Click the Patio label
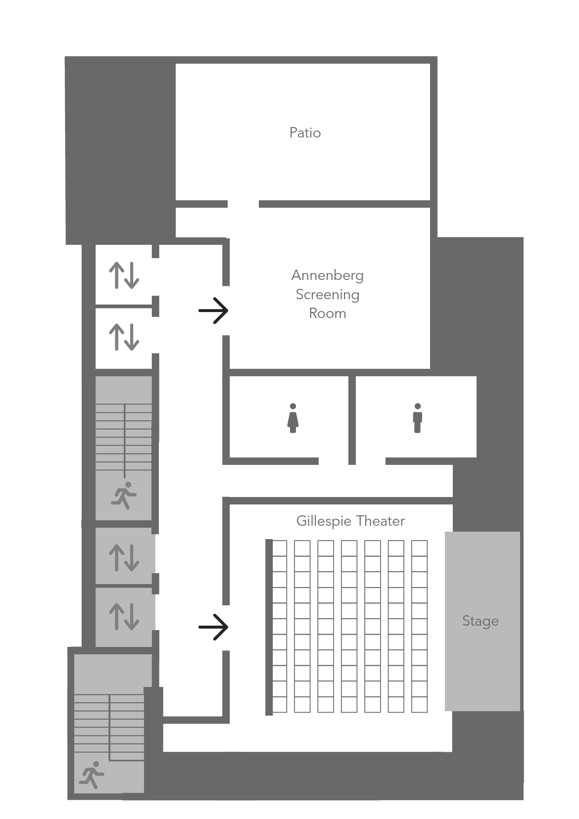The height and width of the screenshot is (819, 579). (305, 133)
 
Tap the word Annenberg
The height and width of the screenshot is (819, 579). (327, 275)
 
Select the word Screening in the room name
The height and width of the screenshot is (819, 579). (327, 294)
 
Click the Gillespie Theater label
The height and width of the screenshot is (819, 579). (350, 521)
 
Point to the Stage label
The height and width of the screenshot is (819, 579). (480, 621)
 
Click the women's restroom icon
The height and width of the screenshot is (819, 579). (293, 418)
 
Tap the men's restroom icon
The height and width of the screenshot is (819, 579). (417, 418)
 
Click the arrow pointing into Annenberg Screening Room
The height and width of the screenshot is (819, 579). (213, 311)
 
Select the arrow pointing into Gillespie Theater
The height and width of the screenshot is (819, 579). (213, 627)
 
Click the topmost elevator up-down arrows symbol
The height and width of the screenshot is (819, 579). (124, 275)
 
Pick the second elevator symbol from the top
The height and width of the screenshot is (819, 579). (124, 337)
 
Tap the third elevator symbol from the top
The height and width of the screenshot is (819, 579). (124, 557)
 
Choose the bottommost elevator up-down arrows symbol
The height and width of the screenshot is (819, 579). (124, 616)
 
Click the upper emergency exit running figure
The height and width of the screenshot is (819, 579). (124, 496)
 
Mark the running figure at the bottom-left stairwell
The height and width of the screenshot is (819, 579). (92, 774)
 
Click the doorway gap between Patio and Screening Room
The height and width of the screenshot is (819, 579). (243, 204)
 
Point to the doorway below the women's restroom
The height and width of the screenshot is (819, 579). (335, 461)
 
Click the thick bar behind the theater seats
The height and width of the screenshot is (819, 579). (269, 627)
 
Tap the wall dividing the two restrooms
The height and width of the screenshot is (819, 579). (352, 420)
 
